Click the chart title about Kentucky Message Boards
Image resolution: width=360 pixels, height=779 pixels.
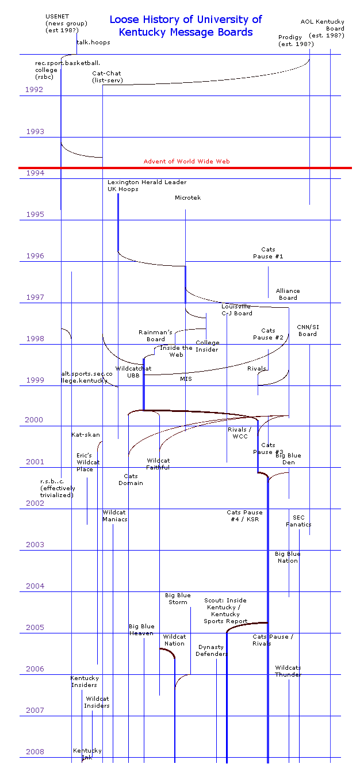click(185, 26)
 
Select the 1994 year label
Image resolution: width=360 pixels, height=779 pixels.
click(35, 173)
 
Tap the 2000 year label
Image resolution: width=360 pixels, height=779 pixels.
click(34, 420)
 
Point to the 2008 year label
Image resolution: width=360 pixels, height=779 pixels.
click(35, 752)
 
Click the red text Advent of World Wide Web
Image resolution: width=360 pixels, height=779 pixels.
click(186, 162)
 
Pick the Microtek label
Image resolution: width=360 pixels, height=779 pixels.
click(188, 198)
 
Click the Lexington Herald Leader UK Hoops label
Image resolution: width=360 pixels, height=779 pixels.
click(147, 186)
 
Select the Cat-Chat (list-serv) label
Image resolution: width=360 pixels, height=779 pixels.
click(108, 77)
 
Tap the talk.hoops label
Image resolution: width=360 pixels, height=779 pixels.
click(93, 43)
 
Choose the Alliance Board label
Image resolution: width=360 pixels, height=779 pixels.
click(288, 295)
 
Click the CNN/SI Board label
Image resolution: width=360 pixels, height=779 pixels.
click(308, 330)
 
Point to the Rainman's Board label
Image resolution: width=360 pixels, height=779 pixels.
click(155, 335)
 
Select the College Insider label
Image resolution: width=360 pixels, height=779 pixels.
click(207, 346)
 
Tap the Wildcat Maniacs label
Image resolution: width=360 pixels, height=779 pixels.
click(115, 516)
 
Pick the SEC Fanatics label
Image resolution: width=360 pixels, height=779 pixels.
click(298, 521)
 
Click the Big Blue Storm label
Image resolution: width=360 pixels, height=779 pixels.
click(178, 599)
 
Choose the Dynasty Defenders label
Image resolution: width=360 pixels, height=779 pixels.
click(212, 651)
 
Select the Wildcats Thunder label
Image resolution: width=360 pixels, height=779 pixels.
click(288, 671)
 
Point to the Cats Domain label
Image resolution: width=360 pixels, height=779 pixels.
click(131, 480)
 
